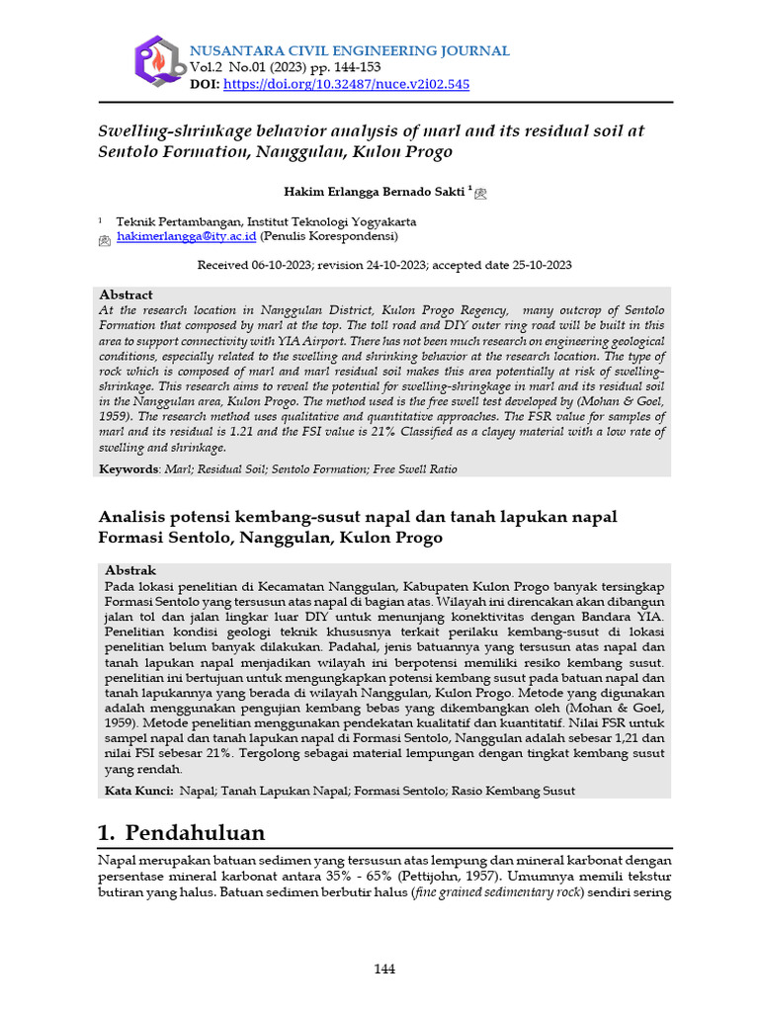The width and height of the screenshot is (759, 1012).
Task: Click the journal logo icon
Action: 157,60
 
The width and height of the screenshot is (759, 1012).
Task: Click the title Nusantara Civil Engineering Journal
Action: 349,50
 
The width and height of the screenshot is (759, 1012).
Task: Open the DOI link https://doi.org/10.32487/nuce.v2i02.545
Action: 347,84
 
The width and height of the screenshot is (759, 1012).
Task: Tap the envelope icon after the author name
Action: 481,194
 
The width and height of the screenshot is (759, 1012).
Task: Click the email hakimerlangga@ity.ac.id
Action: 187,237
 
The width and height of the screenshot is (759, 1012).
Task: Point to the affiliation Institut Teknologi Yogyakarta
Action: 331,221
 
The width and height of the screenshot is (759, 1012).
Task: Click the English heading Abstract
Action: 126,295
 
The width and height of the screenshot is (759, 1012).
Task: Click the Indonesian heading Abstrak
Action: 130,570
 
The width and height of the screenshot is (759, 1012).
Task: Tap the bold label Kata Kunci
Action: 137,791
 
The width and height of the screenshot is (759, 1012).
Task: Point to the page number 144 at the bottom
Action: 384,969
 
